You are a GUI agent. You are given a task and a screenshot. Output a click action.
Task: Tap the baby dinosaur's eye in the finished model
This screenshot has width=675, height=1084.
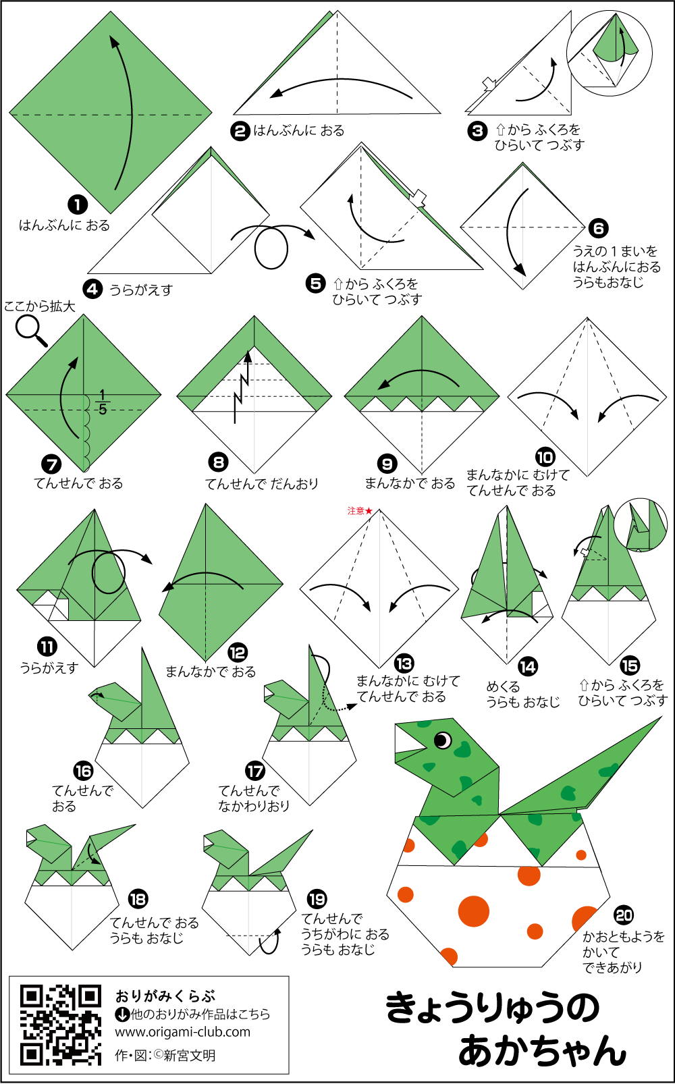point(443,740)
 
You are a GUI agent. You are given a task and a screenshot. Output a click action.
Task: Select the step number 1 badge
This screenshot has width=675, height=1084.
point(78,205)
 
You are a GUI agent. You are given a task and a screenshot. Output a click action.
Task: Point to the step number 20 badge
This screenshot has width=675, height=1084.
point(623,915)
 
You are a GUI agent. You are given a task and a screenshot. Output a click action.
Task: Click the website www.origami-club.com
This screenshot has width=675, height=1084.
point(182,1032)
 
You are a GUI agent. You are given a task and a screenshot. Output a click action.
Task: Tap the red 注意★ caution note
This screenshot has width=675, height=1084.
point(360,510)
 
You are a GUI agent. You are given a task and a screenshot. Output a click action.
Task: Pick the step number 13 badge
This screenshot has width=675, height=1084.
point(404,663)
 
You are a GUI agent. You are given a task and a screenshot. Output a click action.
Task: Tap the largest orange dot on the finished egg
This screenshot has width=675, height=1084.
point(474,911)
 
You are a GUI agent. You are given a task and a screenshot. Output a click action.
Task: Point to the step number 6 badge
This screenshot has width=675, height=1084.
point(599,228)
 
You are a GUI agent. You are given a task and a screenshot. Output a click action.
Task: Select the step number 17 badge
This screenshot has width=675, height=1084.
point(255,771)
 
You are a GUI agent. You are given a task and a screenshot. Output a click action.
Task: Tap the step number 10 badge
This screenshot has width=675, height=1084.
point(545,458)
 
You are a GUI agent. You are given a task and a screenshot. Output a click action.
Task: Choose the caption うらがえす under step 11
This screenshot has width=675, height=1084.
point(49,668)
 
